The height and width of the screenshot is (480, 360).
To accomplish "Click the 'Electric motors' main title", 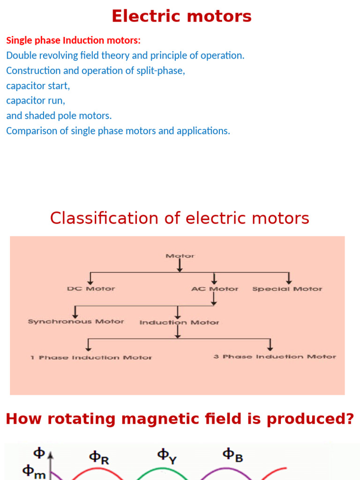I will pos(181,16).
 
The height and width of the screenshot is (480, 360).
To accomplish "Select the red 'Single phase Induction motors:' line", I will pos(73,40).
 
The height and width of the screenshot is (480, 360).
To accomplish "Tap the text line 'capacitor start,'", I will pos(38,86).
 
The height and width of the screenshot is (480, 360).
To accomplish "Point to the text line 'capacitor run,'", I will pos(36,101).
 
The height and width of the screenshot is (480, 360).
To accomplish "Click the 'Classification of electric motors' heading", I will pos(180,218).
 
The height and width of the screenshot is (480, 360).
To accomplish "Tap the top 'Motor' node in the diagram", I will pos(180,256).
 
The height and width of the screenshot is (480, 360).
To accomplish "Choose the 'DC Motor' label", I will pos(91,289).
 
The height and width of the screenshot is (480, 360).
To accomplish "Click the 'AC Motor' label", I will pos(215,289).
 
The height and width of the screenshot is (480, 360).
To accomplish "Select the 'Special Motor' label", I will pos(287,289).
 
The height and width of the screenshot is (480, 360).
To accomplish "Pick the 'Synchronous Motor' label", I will pos(76,322).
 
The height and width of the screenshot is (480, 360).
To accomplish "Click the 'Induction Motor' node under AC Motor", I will pos(179,322).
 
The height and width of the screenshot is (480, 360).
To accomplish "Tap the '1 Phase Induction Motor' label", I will pos(91,358).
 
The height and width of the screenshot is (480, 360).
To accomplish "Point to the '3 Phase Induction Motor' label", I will pos(275,357).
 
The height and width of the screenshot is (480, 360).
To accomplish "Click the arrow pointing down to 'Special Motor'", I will pos(289,278).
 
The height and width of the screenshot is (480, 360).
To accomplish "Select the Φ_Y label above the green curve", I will pos(166,455).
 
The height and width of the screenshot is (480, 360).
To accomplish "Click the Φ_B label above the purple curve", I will pos(232,455).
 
